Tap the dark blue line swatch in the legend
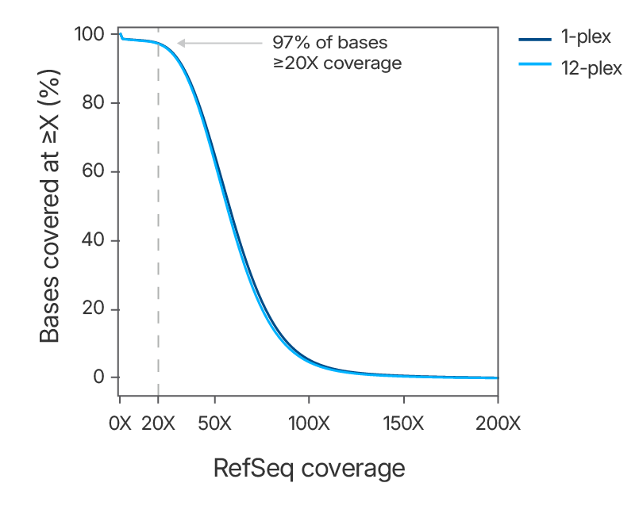point(534,39)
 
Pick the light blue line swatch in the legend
point(534,68)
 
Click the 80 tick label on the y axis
point(94,103)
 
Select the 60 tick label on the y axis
point(94,171)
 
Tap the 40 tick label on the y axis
point(94,240)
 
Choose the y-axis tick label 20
point(94,308)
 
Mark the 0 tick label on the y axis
point(99,377)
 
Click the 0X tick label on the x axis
point(119,423)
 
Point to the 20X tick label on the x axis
point(159,423)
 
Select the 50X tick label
point(214,423)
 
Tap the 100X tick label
point(309,423)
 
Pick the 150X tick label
point(403,423)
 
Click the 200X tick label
point(498,423)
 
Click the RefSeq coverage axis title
point(309,469)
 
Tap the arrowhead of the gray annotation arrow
point(180,43)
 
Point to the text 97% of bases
point(329,42)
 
